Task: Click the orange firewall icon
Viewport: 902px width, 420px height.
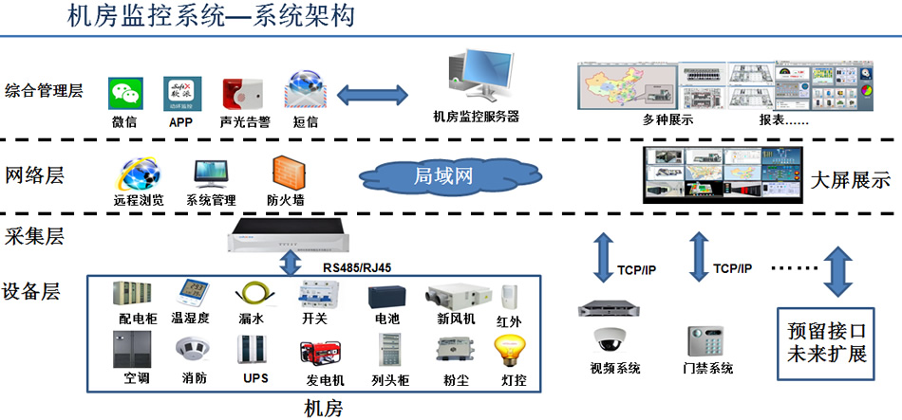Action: pos(286,173)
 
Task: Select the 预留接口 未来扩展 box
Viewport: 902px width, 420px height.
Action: pos(828,343)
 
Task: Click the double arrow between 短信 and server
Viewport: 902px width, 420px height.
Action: pos(373,95)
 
